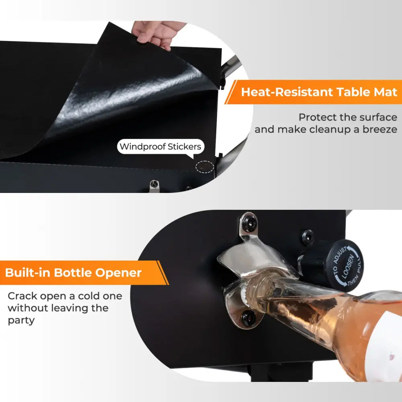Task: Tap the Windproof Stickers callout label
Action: pos(161,147)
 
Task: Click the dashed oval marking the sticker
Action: pos(205,167)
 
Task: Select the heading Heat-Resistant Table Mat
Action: pos(319,92)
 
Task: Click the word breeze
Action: pos(380,129)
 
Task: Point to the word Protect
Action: pos(318,117)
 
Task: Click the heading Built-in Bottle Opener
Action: pos(73,273)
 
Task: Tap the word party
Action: pos(21,320)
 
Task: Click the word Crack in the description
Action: pos(23,296)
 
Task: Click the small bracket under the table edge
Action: pos(154,186)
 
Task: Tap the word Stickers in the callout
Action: pos(185,147)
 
